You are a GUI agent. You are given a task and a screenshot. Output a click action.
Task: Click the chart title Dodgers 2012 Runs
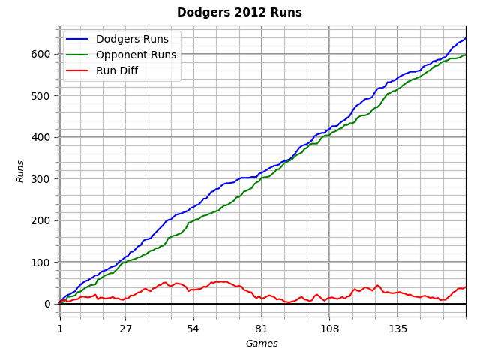click(x=239, y=13)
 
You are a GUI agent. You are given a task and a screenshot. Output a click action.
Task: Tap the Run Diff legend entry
click(x=116, y=71)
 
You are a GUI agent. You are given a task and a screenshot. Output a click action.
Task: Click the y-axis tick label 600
click(x=41, y=54)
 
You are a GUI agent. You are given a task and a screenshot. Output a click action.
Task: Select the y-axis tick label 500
click(x=41, y=96)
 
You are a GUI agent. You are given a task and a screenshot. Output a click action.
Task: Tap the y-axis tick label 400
click(x=41, y=137)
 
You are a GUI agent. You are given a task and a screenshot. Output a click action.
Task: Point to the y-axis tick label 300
click(x=41, y=179)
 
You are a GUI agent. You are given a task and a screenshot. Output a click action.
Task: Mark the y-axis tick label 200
click(x=41, y=220)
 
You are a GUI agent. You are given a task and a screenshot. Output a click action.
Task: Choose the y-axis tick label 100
click(x=41, y=262)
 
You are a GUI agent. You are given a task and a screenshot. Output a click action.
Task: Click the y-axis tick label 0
click(x=47, y=304)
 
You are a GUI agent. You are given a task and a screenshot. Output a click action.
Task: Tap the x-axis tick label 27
click(x=125, y=328)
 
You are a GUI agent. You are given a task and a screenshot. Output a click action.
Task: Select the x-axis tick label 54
click(x=193, y=328)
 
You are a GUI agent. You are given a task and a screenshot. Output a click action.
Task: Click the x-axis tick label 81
click(x=261, y=328)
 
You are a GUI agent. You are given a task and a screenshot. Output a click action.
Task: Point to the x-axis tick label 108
click(x=329, y=328)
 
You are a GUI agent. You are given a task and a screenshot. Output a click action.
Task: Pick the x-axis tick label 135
click(x=397, y=328)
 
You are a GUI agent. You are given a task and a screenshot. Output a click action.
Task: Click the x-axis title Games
click(x=262, y=343)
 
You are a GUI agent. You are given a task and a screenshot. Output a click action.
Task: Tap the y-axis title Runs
click(x=21, y=171)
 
